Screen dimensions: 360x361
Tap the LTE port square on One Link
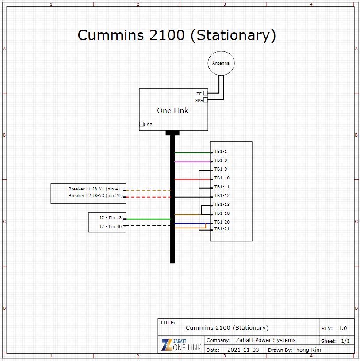206,93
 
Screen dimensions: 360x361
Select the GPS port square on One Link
206,100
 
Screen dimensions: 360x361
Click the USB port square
142,124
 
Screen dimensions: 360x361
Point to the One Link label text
172,110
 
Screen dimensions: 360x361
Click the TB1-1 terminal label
221,152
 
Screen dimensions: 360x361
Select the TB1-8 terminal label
221,160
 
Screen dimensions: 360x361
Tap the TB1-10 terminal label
222,178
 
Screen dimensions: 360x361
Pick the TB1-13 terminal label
222,205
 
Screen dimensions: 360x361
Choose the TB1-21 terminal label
222,229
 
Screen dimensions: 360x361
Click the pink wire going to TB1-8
192,162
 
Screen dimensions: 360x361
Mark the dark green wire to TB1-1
192,152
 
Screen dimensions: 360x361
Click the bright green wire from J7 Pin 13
148,219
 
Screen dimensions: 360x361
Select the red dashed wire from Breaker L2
148,197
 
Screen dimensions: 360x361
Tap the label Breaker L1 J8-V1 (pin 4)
94,189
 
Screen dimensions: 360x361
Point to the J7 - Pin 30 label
111,227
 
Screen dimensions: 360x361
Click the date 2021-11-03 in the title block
243,350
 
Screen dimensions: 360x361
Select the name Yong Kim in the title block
309,350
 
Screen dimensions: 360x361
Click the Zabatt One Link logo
181,345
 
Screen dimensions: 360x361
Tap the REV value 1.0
342,328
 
